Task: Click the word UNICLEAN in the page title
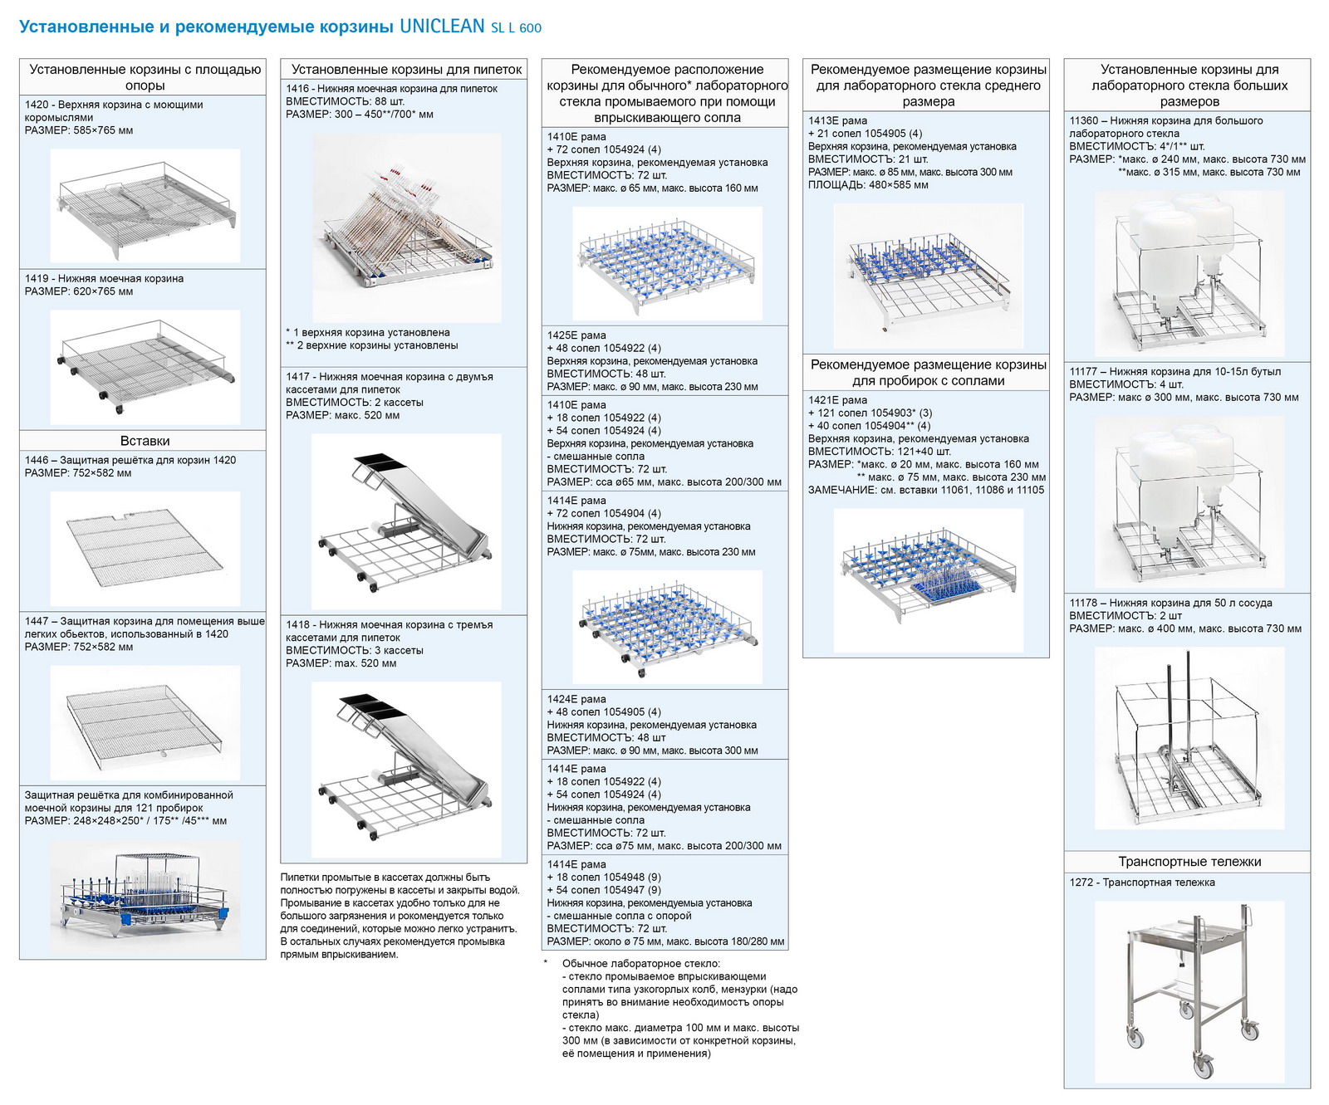(442, 26)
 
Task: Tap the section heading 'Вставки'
(145, 441)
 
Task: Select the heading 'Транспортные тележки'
(1189, 862)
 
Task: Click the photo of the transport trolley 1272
(1189, 992)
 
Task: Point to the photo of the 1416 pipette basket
(406, 227)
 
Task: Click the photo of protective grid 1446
(145, 548)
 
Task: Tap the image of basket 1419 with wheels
(145, 367)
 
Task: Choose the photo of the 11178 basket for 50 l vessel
(1189, 737)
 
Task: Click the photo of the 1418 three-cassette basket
(406, 770)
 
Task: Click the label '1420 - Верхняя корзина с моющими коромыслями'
(114, 111)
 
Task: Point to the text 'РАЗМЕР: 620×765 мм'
(79, 291)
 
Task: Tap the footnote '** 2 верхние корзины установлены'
(371, 345)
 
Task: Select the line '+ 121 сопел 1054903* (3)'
(870, 413)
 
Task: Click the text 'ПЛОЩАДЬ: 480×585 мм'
(868, 185)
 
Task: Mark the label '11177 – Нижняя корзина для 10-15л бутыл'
(1175, 372)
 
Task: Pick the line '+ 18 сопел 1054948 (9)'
(604, 877)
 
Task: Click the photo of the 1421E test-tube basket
(929, 579)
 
